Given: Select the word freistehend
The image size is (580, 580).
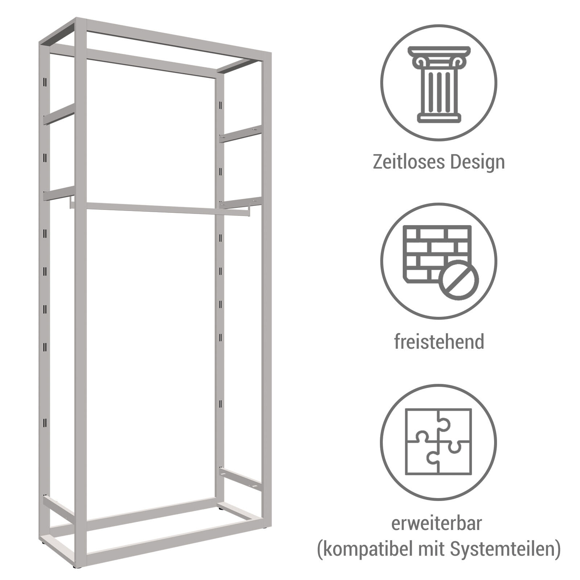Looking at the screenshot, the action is (x=439, y=341).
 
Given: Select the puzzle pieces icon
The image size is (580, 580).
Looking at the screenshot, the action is (x=439, y=441).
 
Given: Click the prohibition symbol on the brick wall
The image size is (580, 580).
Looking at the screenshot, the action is (x=459, y=280).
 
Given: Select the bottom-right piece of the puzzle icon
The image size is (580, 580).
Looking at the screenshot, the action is (x=455, y=457).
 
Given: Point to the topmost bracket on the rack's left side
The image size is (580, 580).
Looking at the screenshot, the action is (x=59, y=114).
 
